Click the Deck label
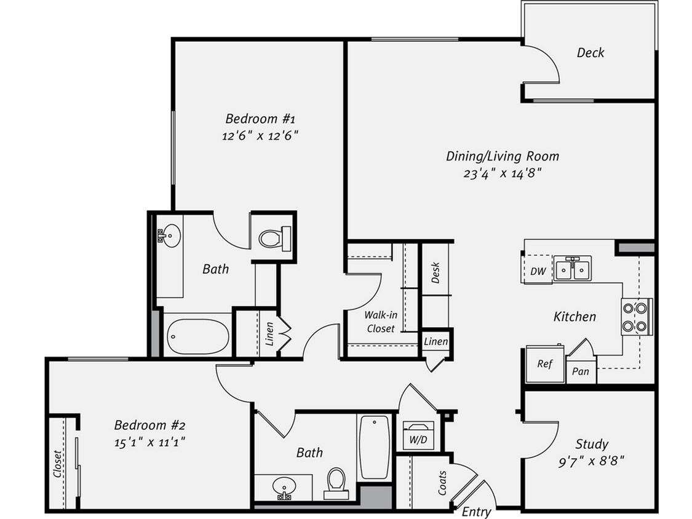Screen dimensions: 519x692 click(590, 53)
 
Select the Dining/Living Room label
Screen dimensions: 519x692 click(502, 156)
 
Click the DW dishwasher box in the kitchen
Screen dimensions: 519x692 click(538, 271)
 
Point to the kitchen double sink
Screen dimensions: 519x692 click(572, 269)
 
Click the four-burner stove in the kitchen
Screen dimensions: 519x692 click(636, 317)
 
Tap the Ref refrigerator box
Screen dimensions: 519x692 click(544, 364)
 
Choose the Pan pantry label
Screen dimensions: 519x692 click(580, 371)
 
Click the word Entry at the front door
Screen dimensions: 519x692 click(476, 512)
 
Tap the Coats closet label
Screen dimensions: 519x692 click(442, 482)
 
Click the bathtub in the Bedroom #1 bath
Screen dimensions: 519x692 click(198, 336)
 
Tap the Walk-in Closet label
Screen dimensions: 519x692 click(381, 322)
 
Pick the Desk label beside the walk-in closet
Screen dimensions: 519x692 click(435, 273)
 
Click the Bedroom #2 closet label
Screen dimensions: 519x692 click(57, 464)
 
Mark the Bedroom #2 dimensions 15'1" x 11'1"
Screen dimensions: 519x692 click(150, 441)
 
